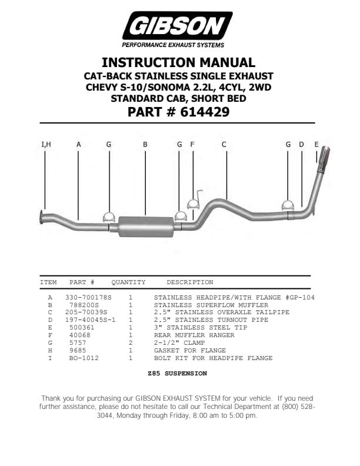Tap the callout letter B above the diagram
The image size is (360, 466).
(145, 144)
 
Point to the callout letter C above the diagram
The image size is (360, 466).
(224, 144)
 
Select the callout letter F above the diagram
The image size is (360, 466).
(192, 144)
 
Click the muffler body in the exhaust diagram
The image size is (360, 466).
(146, 226)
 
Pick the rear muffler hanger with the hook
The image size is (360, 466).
(194, 202)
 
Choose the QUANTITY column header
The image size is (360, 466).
(128, 282)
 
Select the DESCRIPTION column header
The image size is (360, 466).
(189, 282)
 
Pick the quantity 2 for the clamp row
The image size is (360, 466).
(130, 343)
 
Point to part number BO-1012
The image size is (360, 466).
(84, 358)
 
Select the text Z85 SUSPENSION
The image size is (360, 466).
(177, 374)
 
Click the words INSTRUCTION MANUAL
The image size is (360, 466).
(178, 62)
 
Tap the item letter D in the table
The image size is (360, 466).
(50, 320)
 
